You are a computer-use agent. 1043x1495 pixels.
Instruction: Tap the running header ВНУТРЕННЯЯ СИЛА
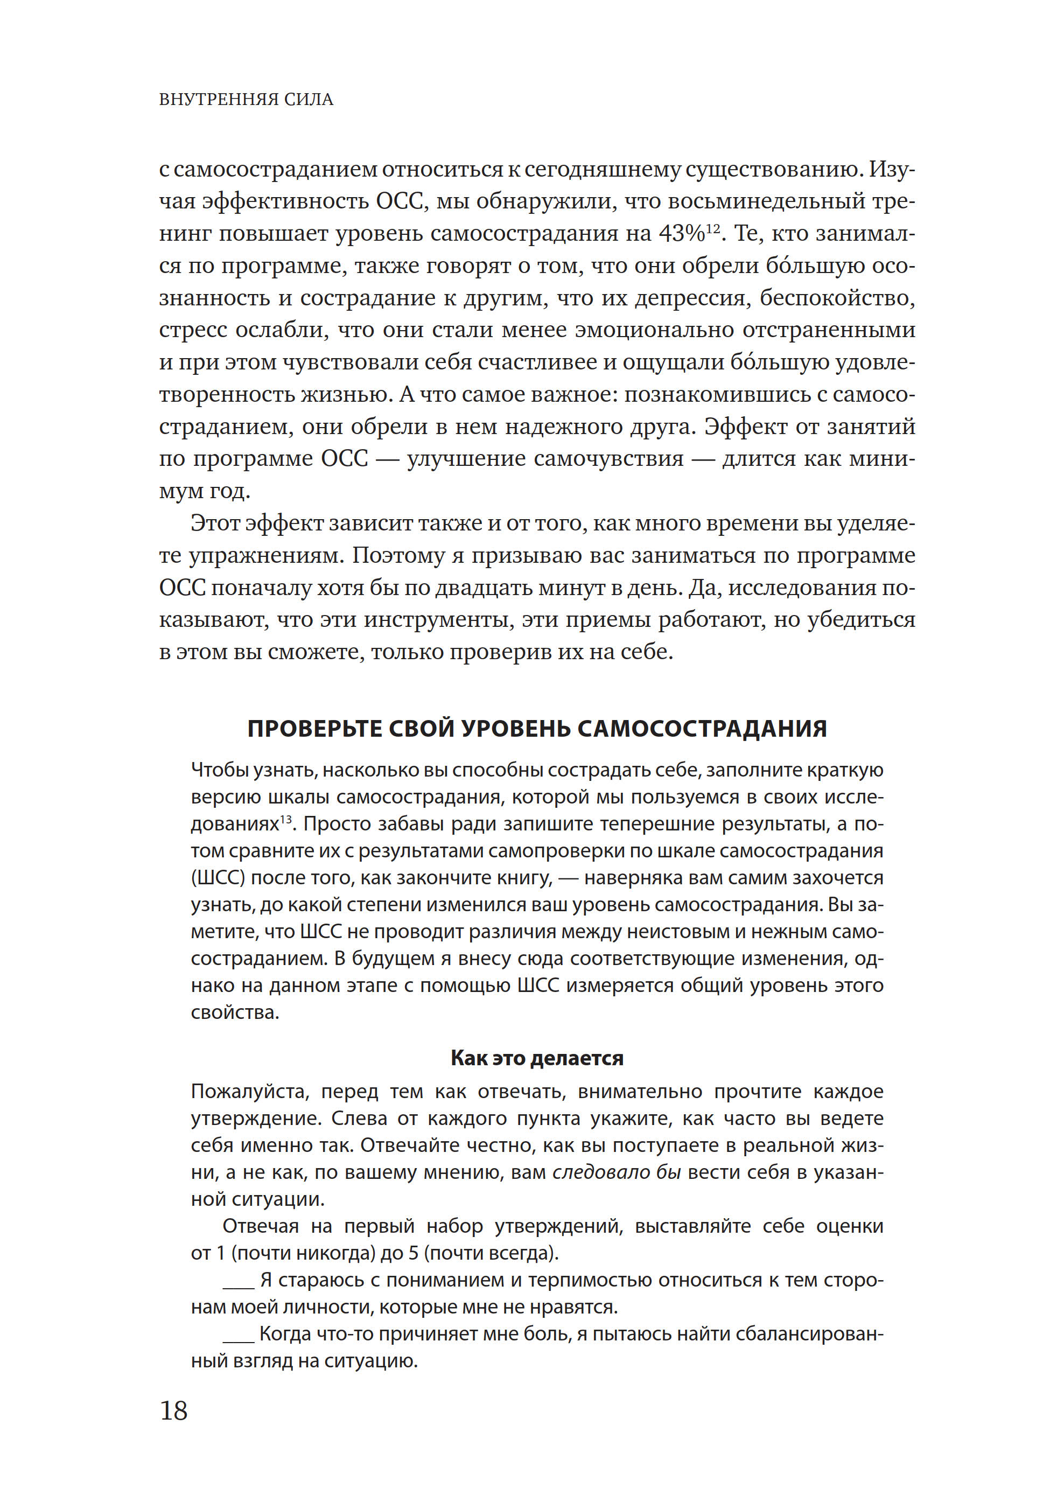(x=246, y=100)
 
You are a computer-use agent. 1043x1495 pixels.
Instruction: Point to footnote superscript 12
(x=713, y=228)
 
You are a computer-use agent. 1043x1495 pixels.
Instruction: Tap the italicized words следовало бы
(x=617, y=1172)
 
